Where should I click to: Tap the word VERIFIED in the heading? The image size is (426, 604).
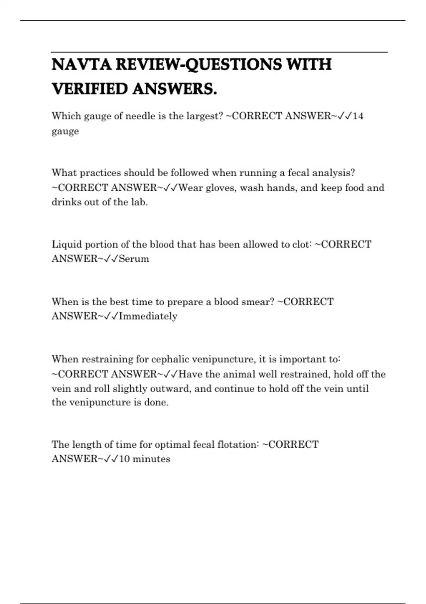tap(90, 89)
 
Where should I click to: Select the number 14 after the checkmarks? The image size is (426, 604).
tap(358, 116)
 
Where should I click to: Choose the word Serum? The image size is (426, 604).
tap(134, 259)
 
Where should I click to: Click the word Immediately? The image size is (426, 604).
tap(148, 316)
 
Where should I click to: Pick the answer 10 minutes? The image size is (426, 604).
tap(144, 459)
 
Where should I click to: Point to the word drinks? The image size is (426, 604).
tap(66, 202)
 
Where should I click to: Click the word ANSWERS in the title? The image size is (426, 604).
tap(175, 89)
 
